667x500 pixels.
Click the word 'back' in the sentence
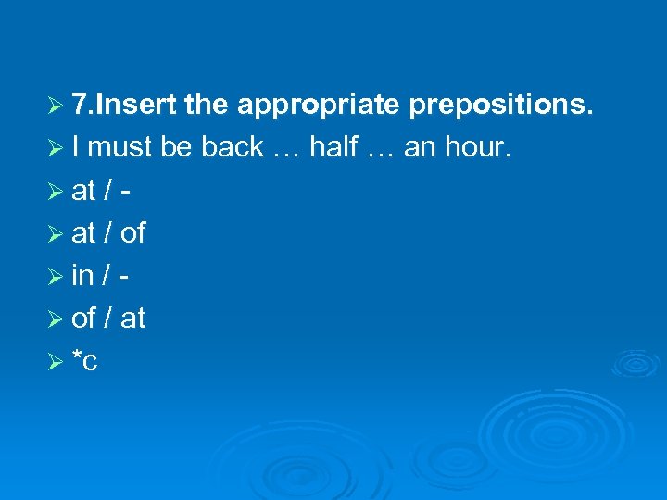(x=231, y=148)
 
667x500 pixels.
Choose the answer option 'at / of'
(x=108, y=233)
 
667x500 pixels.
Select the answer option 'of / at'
(x=108, y=319)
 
